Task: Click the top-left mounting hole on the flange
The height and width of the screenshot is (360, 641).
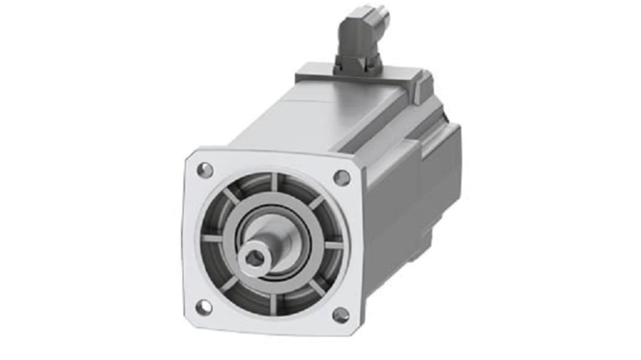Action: (x=205, y=170)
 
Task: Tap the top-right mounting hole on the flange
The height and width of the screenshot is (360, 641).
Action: (x=342, y=178)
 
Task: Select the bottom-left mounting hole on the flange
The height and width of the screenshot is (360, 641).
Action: (x=204, y=307)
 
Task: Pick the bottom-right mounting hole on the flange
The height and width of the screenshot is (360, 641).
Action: (x=341, y=315)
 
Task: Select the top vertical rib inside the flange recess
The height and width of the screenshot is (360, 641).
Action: (x=274, y=181)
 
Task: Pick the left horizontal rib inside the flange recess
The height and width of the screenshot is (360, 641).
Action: (x=212, y=238)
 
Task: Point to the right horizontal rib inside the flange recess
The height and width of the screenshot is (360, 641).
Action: (x=334, y=245)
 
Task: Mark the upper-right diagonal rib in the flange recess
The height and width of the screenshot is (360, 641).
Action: (x=316, y=202)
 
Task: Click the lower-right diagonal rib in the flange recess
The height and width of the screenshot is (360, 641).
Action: (x=317, y=288)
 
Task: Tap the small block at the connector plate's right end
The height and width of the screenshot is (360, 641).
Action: (x=422, y=86)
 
